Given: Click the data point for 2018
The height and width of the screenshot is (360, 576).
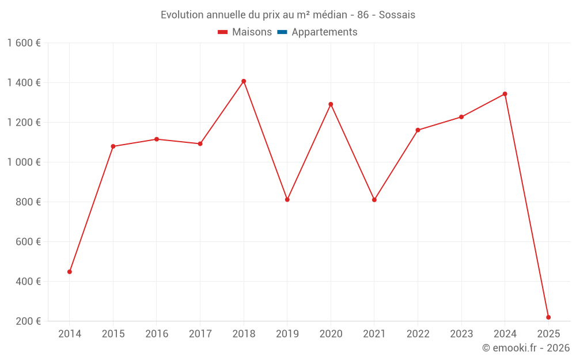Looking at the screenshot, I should [244, 81].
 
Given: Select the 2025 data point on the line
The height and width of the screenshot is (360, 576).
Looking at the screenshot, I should [548, 317].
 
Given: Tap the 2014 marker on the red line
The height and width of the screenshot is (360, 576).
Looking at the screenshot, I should [70, 272].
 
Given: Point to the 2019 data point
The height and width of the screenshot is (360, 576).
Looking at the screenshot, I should [287, 200].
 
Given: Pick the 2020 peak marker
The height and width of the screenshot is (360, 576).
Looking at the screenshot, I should [331, 104].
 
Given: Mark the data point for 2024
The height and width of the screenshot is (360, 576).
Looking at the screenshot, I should [505, 94].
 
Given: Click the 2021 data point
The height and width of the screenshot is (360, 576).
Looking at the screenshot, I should [374, 200].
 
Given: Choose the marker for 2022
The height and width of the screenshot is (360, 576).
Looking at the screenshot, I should [418, 130].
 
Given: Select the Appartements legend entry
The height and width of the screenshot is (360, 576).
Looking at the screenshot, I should [324, 32].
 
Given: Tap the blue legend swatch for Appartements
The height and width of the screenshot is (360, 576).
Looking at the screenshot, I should [282, 32].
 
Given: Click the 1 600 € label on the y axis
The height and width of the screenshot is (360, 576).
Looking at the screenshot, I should [24, 43].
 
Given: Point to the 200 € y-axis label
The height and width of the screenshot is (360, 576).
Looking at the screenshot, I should [27, 321].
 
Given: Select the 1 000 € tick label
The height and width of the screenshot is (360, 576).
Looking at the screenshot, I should [24, 162].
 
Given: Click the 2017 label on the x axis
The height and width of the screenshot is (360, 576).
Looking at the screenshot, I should [200, 334].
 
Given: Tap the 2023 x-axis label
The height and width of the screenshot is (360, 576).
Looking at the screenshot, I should [461, 334].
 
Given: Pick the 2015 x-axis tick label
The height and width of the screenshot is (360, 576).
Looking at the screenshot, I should [113, 334].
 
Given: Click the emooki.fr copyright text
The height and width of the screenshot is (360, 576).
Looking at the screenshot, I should [526, 348].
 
